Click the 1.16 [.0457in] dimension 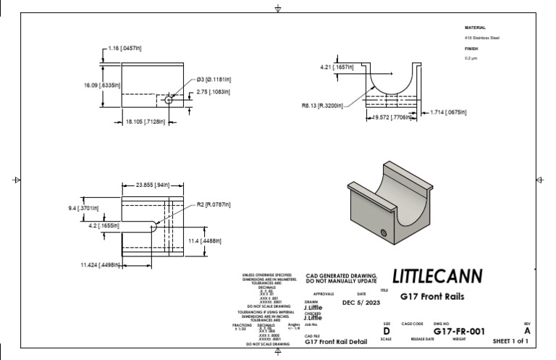tap(125, 48)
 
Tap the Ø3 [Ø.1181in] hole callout tap(213, 79)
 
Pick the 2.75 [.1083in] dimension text tap(214, 91)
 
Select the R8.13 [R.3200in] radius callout tap(324, 105)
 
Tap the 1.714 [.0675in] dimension tap(447, 112)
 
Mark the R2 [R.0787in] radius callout tap(214, 204)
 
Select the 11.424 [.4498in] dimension tap(100, 264)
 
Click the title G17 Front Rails tap(432, 296)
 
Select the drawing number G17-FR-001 tap(458, 330)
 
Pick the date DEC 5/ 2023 tap(362, 303)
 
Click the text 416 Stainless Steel tap(481, 38)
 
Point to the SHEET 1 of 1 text tap(510, 340)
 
